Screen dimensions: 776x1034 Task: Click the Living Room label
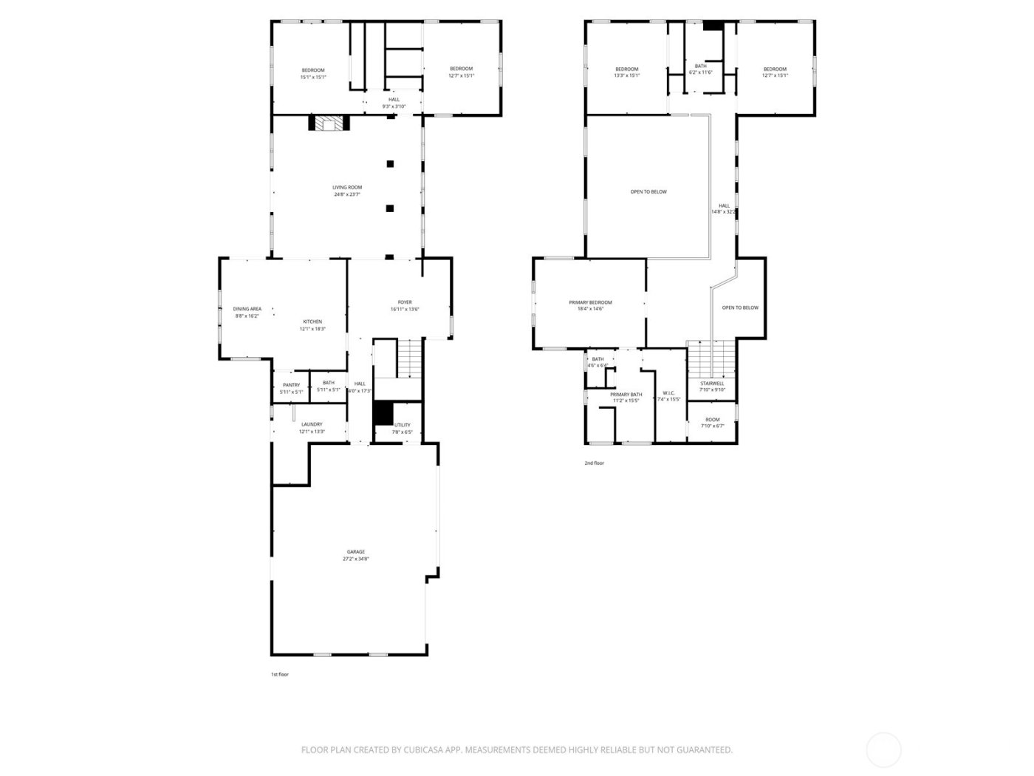tap(347, 188)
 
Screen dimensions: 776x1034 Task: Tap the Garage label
tap(356, 552)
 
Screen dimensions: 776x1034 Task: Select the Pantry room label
tap(291, 385)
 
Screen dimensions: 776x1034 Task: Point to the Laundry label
tap(312, 424)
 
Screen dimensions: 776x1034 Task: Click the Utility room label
tap(402, 425)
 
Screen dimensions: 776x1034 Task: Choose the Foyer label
tap(405, 302)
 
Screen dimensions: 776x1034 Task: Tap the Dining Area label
tap(247, 309)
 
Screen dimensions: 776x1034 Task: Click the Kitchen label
tap(312, 321)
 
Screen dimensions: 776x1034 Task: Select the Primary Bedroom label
tap(590, 302)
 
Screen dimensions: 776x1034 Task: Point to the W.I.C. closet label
tap(668, 393)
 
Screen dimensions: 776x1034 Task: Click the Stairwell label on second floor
tap(712, 384)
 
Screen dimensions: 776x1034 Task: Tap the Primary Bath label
tap(626, 395)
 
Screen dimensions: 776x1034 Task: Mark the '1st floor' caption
tap(280, 674)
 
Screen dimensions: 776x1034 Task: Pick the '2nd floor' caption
tap(594, 463)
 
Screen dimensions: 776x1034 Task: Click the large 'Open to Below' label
tap(648, 192)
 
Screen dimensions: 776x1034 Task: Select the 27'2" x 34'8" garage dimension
tap(356, 559)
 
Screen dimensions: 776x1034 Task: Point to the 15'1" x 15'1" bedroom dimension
tap(313, 77)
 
